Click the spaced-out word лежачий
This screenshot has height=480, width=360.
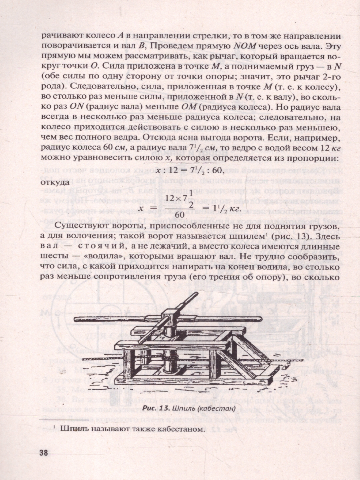[199, 245]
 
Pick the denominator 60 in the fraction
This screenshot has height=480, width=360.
[180, 215]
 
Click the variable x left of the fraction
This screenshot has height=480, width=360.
[141, 208]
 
